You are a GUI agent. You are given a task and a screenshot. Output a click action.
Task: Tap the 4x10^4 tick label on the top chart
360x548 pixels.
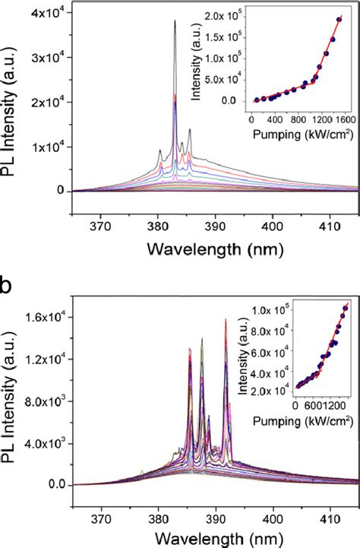(x=46, y=11)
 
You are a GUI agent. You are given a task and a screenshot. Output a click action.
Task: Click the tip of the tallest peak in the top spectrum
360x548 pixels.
(x=175, y=21)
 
